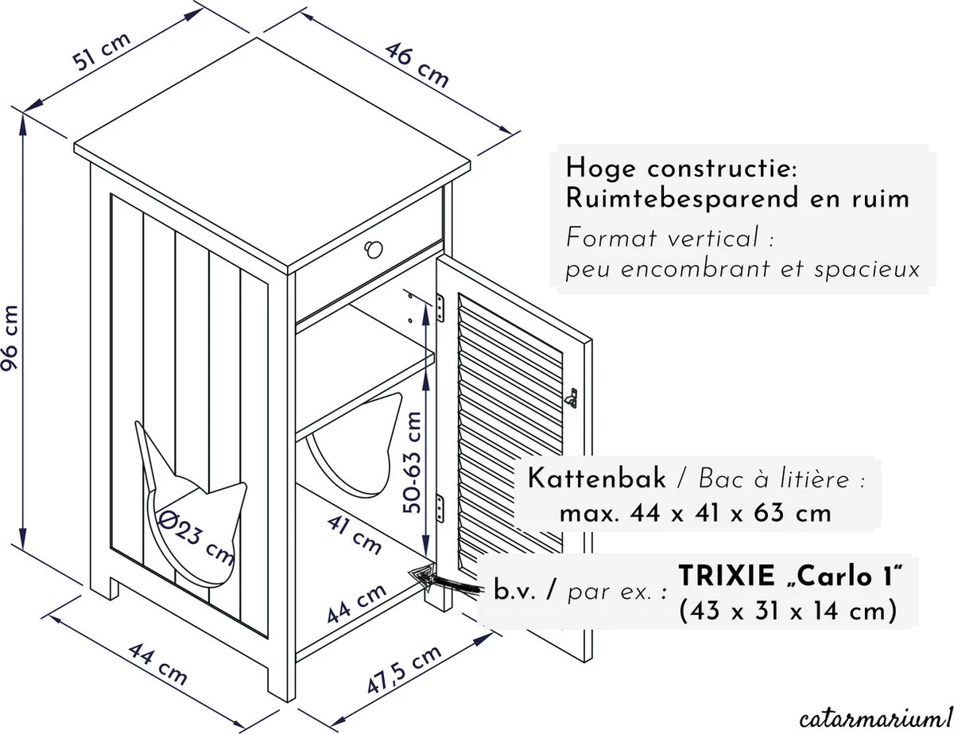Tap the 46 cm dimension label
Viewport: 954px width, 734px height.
pos(418,64)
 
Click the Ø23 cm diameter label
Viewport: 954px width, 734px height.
pos(196,535)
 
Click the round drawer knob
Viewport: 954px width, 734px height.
pos(371,251)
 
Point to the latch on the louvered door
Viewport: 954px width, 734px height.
pos(570,395)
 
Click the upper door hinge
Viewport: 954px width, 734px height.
pos(443,306)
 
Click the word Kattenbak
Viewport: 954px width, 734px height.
pos(596,480)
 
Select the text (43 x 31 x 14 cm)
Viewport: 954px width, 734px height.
pos(788,611)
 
